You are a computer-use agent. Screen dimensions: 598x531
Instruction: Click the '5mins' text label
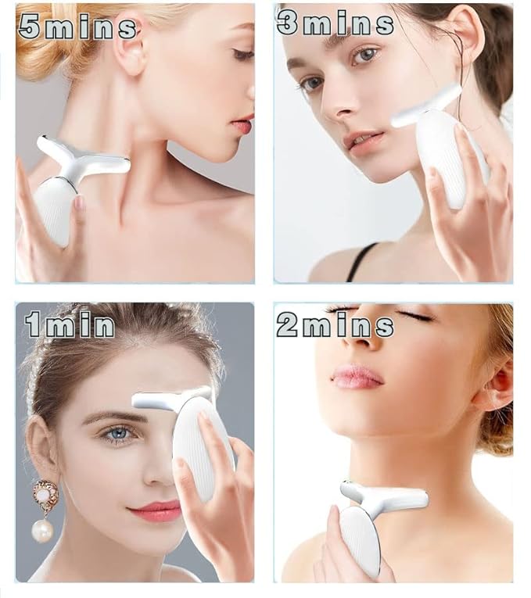pyautogui.click(x=77, y=27)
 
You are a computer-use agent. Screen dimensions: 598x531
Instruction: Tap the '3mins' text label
pyautogui.click(x=335, y=23)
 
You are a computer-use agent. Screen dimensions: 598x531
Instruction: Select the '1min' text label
pyautogui.click(x=70, y=324)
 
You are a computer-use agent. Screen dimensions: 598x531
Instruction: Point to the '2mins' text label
pyautogui.click(x=335, y=324)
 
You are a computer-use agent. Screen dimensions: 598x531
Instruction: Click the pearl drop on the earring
pyautogui.click(x=42, y=531)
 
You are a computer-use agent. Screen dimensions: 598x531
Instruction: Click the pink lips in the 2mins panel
pyautogui.click(x=357, y=376)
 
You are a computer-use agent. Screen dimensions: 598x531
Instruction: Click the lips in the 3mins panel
pyautogui.click(x=363, y=142)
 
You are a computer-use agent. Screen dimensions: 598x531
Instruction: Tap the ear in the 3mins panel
pyautogui.click(x=468, y=39)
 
